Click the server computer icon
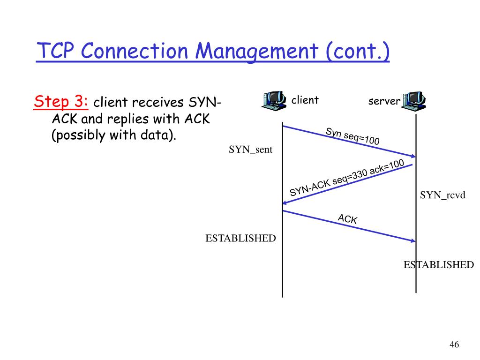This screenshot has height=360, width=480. coord(413,100)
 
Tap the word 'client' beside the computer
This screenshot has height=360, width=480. coord(305,100)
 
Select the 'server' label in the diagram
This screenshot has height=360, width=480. coord(384,101)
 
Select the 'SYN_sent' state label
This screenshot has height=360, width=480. coord(250,150)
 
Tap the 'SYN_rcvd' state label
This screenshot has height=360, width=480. coord(442,195)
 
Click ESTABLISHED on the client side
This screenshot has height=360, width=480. coord(240,238)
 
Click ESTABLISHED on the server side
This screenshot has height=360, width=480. coord(439,265)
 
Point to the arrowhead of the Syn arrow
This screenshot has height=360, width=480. coord(413,157)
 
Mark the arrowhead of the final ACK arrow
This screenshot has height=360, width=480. coord(413,241)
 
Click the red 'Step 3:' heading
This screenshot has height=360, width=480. coord(61,100)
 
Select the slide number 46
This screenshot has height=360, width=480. coord(454,345)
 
